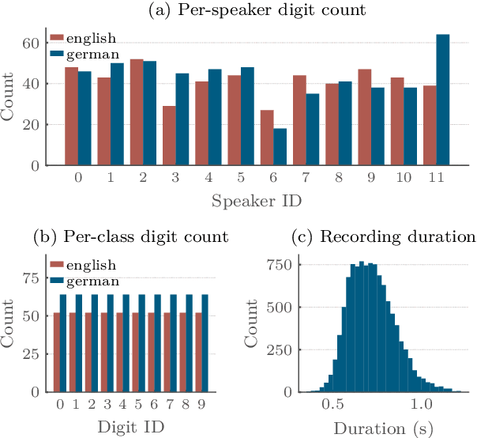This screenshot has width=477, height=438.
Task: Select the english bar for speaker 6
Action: tap(246, 138)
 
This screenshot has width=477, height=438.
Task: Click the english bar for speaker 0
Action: tap(72, 116)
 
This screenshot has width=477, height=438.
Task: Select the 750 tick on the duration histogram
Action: tap(285, 266)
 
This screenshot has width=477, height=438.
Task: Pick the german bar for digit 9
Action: tap(206, 344)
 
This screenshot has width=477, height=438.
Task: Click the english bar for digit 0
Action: tap(57, 353)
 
